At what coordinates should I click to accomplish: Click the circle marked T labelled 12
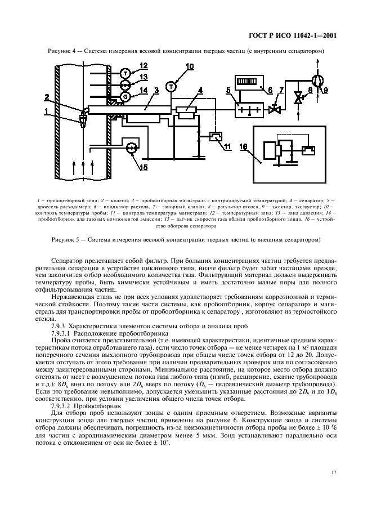click(125, 73)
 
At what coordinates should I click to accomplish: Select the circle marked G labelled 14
click(125, 96)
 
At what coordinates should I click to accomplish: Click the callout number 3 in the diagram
click(156, 90)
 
